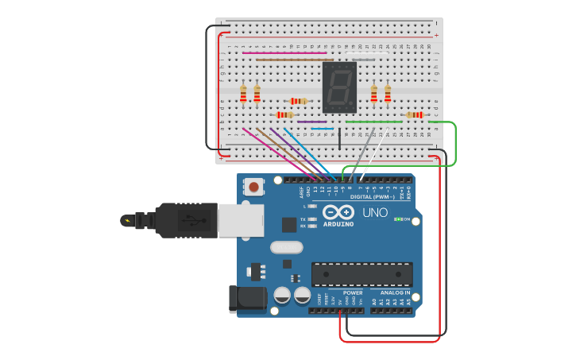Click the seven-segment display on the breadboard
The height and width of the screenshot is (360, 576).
(x=339, y=87)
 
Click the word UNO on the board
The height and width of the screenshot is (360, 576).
(x=375, y=213)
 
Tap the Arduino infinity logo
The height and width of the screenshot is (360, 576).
(x=339, y=212)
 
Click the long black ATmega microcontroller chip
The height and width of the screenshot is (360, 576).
(x=361, y=273)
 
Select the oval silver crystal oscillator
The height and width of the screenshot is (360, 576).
(x=286, y=247)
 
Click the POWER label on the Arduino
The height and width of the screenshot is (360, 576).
(x=353, y=292)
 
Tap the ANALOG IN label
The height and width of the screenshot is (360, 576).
(x=395, y=292)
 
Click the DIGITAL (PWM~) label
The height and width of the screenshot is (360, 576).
(x=373, y=196)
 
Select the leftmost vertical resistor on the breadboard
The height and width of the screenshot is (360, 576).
(x=243, y=94)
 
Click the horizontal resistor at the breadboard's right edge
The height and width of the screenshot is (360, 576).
(x=414, y=115)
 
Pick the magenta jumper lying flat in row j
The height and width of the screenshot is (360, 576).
(x=284, y=53)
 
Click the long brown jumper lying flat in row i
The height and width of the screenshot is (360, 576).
(x=294, y=60)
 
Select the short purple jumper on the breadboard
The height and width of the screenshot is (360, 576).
(x=311, y=122)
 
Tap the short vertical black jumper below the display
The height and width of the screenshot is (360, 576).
(x=339, y=137)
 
